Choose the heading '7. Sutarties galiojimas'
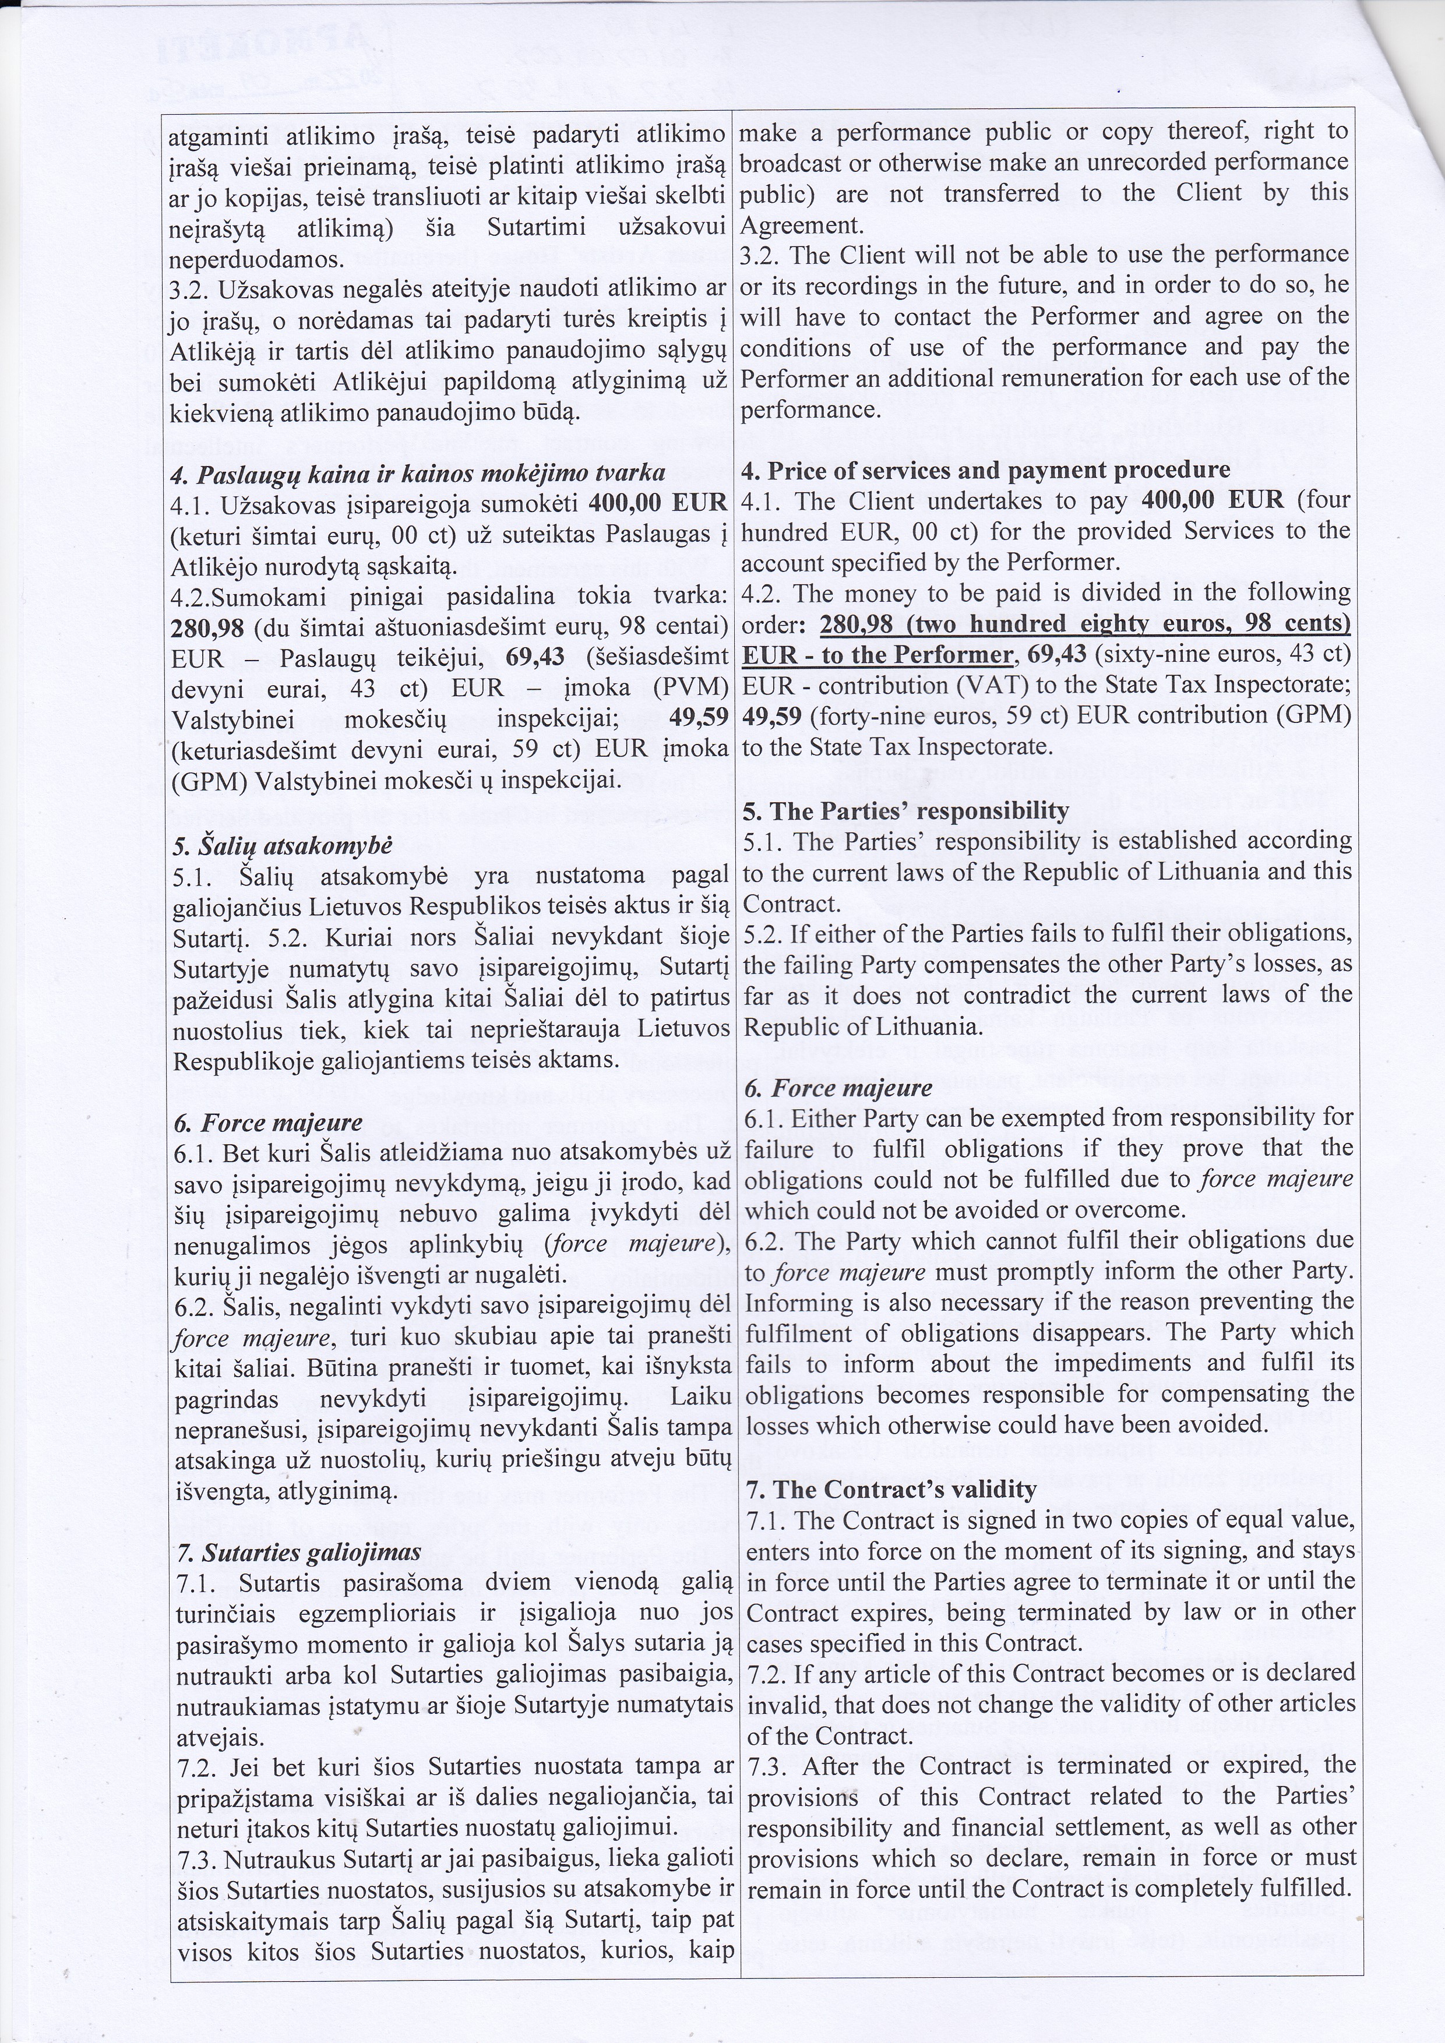pyautogui.click(x=298, y=1552)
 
